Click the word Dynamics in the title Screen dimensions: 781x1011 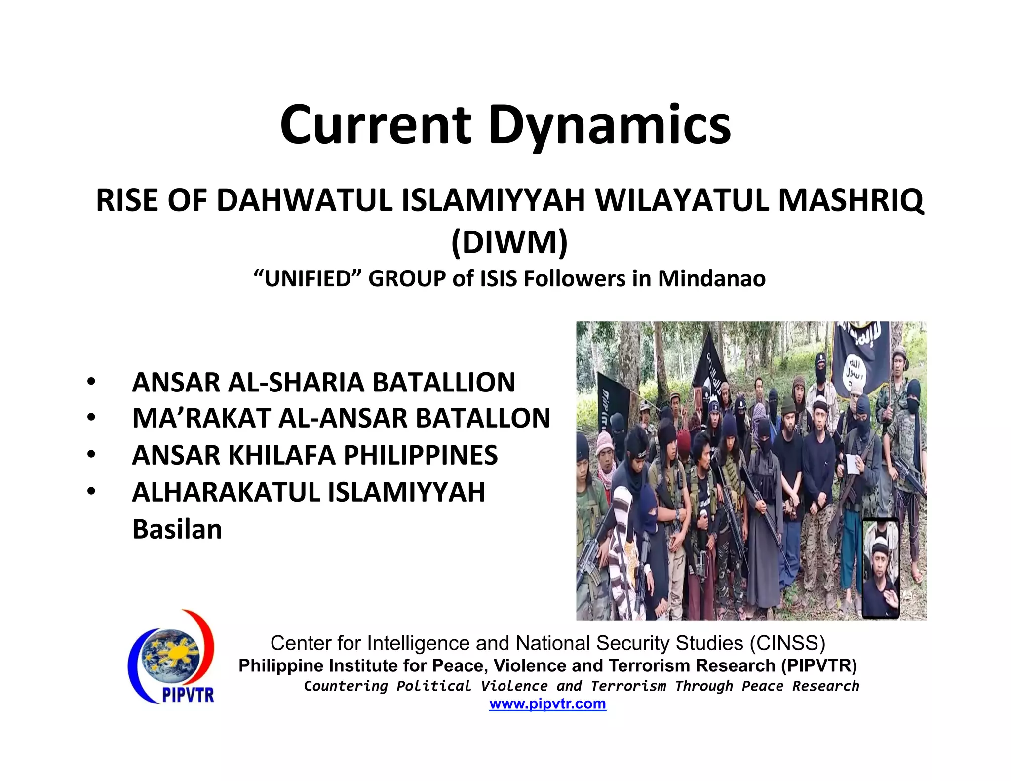610,126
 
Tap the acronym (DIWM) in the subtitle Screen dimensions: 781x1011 509,242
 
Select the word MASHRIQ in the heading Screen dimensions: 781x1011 851,201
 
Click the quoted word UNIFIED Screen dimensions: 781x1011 309,278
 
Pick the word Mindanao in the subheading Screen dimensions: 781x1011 712,278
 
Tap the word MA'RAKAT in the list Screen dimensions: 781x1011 201,418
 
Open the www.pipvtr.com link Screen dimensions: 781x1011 547,703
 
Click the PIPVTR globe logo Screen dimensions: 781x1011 171,656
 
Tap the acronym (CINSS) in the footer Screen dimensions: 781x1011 787,643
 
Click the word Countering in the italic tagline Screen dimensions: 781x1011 346,686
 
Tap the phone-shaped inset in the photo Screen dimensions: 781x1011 881,568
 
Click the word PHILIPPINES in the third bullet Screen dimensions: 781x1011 421,455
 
